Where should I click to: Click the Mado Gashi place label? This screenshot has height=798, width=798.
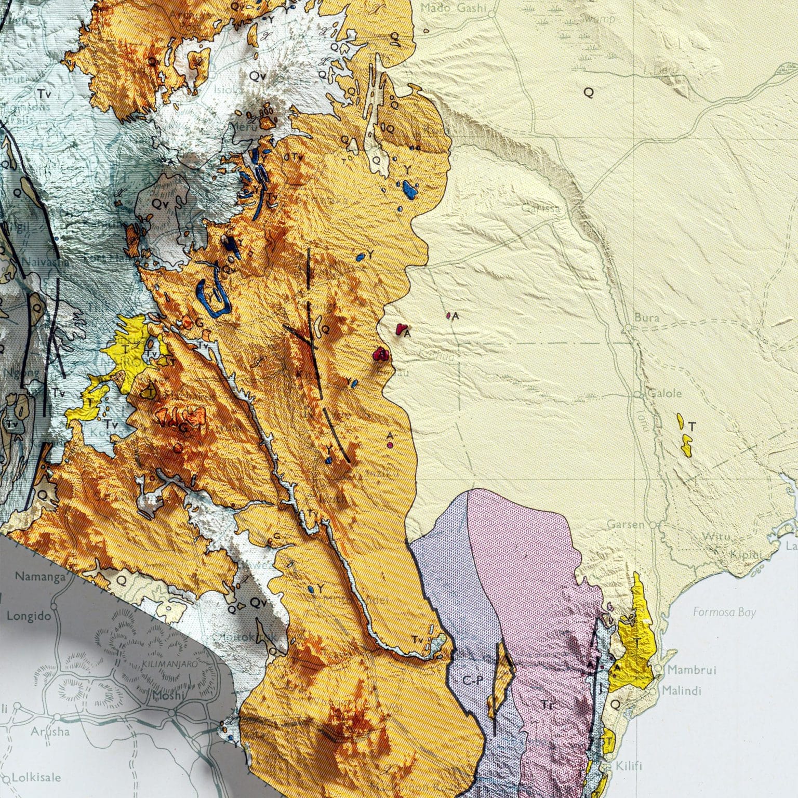coord(453,8)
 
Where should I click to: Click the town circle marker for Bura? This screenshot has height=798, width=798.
coord(628,329)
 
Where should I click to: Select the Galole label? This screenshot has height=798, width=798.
coord(664,393)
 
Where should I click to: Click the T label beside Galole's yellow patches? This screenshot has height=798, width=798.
coord(691,427)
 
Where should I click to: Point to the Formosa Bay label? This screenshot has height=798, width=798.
coord(724,613)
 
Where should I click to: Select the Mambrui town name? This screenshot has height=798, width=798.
coord(691,670)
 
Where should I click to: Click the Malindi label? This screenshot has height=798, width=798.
coord(681,690)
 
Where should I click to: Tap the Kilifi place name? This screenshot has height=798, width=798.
coord(629,766)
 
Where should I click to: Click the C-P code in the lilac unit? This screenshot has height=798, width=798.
coord(473,681)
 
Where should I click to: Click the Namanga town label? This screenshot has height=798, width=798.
coord(40,576)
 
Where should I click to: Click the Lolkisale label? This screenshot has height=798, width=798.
coord(36,778)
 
